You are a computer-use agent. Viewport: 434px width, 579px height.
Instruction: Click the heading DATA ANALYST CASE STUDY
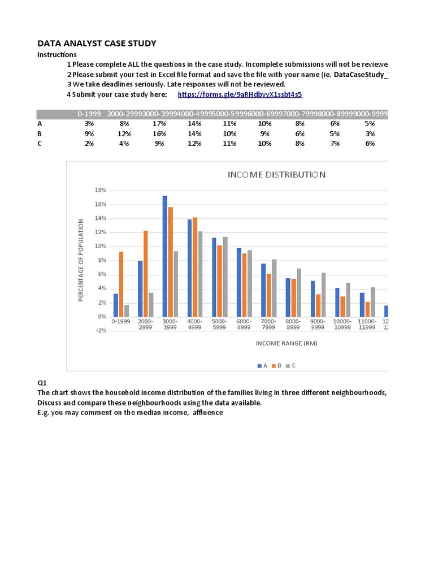pyautogui.click(x=97, y=44)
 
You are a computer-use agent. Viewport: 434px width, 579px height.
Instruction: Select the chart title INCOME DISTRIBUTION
pyautogui.click(x=276, y=175)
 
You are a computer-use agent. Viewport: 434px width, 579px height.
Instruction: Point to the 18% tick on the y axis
pyautogui.click(x=101, y=191)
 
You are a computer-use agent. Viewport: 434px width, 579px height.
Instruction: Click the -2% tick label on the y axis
pyautogui.click(x=101, y=331)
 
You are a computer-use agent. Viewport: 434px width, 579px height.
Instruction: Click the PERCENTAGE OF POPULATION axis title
pyautogui.click(x=81, y=260)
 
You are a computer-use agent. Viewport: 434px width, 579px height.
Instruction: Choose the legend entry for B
pyautogui.click(x=276, y=366)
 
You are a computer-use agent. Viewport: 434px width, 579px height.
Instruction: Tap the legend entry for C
pyautogui.click(x=290, y=366)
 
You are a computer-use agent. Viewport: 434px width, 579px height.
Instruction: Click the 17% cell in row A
pyautogui.click(x=159, y=123)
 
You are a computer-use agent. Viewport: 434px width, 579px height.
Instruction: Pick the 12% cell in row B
pyautogui.click(x=124, y=133)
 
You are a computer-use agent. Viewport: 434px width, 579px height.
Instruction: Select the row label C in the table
pyautogui.click(x=40, y=144)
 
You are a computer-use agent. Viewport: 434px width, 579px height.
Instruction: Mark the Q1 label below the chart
pyautogui.click(x=42, y=383)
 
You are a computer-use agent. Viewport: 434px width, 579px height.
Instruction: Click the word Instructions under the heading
pyautogui.click(x=57, y=54)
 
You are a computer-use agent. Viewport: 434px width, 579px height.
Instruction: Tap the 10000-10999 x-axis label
pyautogui.click(x=342, y=325)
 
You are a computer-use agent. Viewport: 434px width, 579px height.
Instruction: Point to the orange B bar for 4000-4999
pyautogui.click(x=195, y=267)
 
